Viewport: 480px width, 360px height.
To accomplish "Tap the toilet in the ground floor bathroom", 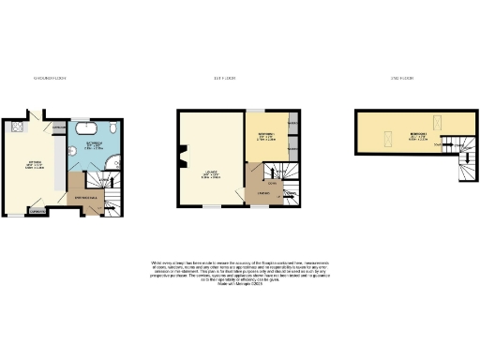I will coord(112,127).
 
